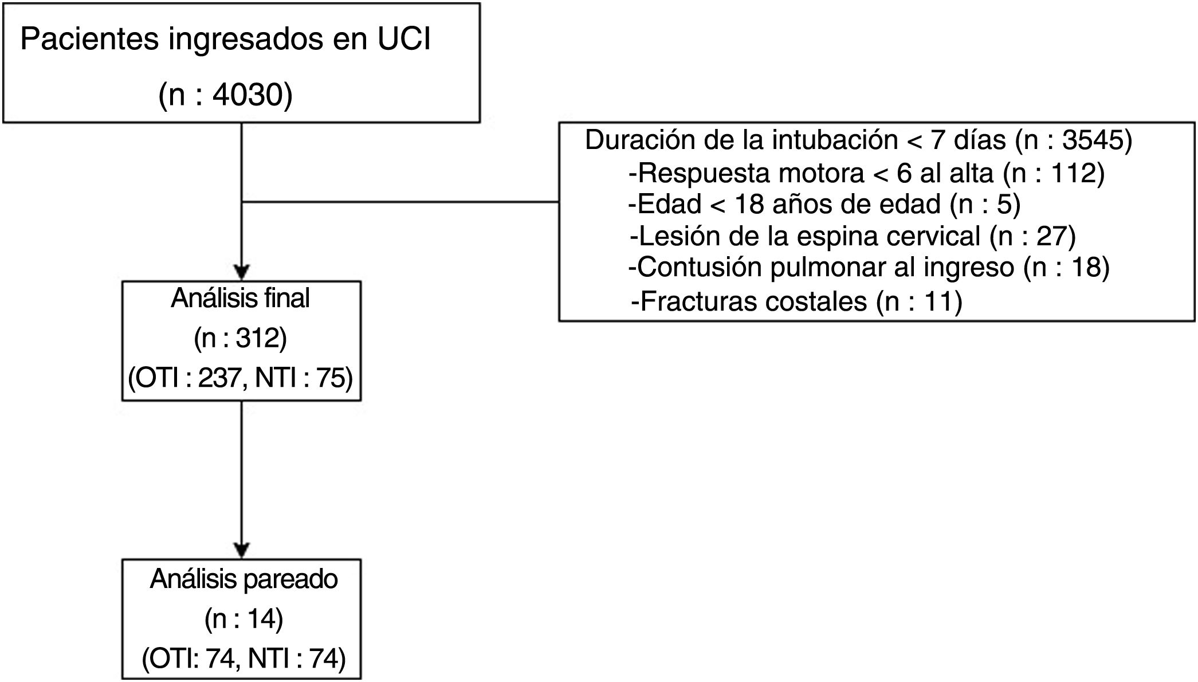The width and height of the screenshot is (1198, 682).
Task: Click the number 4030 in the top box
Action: point(248,95)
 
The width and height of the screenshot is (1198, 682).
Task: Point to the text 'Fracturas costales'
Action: point(753,301)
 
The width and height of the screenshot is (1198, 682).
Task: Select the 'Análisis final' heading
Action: point(240,299)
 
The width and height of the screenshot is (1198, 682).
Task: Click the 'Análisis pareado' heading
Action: point(244,579)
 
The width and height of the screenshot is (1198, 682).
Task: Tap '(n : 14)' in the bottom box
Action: point(243,620)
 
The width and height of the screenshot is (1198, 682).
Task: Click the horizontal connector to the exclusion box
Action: point(400,202)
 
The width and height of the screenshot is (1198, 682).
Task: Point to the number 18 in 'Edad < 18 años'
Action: point(749,205)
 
